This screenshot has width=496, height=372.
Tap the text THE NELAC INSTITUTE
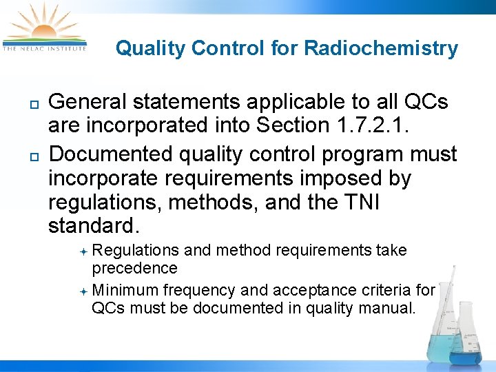(x=44, y=48)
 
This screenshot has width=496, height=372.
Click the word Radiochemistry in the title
(x=381, y=48)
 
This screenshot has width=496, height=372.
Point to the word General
(x=88, y=102)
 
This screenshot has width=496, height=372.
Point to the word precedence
(x=134, y=267)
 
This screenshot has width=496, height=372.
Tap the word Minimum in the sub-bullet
(x=126, y=290)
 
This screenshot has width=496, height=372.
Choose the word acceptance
(x=322, y=290)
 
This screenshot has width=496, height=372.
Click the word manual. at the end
(x=390, y=308)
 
